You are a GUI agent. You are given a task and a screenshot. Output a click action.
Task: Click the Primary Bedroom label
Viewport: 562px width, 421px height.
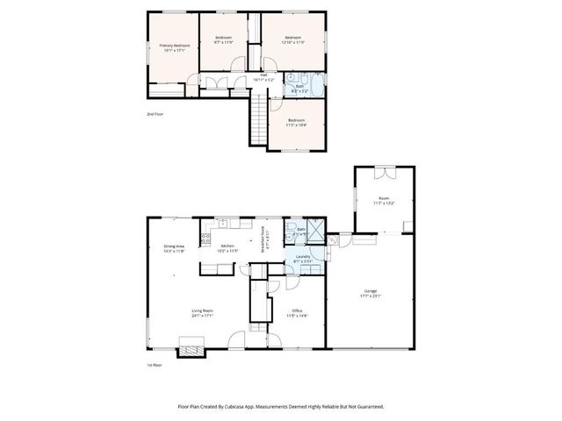[x=174, y=47]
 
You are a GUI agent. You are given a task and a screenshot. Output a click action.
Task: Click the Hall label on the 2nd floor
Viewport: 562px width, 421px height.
[x=263, y=78]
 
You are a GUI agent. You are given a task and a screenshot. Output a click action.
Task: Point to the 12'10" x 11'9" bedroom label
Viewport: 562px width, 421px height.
[x=292, y=39]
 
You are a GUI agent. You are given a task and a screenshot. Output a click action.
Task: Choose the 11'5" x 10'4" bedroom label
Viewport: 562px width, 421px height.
[x=296, y=122]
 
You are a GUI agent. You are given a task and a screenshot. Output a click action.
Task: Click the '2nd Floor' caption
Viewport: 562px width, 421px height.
[x=155, y=114]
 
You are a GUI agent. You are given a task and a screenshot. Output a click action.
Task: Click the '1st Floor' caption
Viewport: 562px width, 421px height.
[x=155, y=364]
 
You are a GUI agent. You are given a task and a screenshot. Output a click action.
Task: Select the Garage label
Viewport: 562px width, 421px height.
[x=372, y=294]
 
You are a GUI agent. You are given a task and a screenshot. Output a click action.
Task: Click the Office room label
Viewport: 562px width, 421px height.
[x=297, y=312]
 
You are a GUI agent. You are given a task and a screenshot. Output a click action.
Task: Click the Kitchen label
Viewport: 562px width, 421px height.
[x=227, y=248]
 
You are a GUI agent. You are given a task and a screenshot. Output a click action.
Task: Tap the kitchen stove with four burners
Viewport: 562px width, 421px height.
[x=207, y=237]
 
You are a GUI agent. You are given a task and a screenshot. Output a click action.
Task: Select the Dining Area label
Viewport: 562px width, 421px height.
[x=174, y=248]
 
